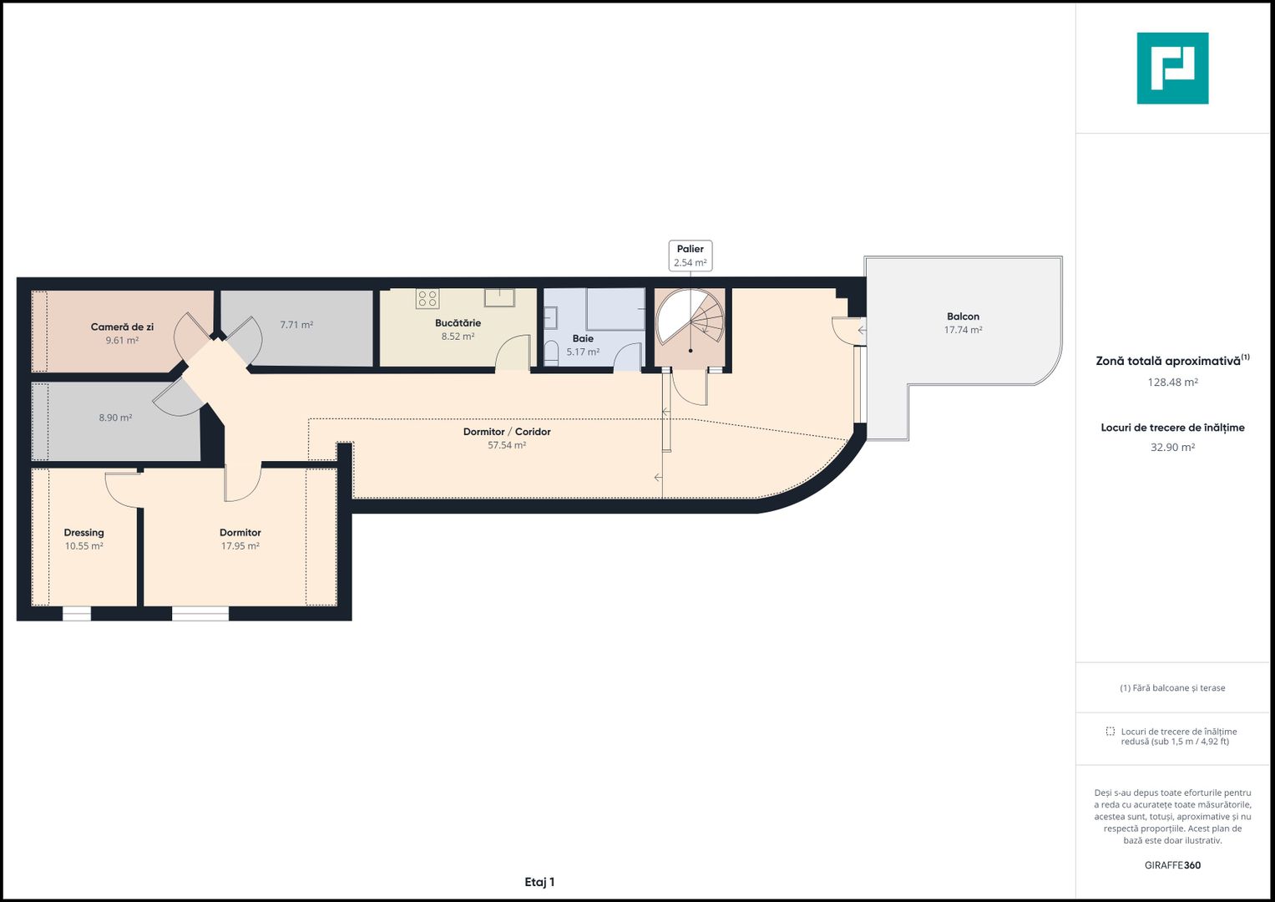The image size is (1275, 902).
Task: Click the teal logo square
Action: click(x=1172, y=68)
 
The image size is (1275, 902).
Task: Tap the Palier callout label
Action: click(x=691, y=256)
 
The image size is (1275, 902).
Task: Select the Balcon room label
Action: click(x=963, y=316)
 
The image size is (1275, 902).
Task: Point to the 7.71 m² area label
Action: click(x=296, y=325)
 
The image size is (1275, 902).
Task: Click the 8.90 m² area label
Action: click(x=115, y=418)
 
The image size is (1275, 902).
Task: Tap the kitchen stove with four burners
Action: click(x=428, y=298)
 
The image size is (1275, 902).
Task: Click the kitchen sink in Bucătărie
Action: click(x=500, y=298)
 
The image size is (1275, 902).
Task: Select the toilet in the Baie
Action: click(x=551, y=353)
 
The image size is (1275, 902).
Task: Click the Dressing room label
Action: click(x=83, y=533)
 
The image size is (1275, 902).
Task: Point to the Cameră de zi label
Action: click(x=122, y=327)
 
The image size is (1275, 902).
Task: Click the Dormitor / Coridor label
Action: click(x=507, y=432)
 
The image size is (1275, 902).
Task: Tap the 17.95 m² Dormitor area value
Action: click(x=240, y=546)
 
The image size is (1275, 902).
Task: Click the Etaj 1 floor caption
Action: click(x=539, y=882)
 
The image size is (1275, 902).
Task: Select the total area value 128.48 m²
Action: click(x=1172, y=383)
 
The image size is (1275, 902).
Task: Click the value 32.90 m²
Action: click(x=1172, y=447)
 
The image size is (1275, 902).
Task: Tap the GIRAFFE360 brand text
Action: click(x=1172, y=865)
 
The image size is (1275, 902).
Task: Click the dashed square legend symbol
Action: click(x=1110, y=731)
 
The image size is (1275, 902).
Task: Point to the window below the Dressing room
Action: click(x=76, y=614)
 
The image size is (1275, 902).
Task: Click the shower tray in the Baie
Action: click(x=616, y=309)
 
